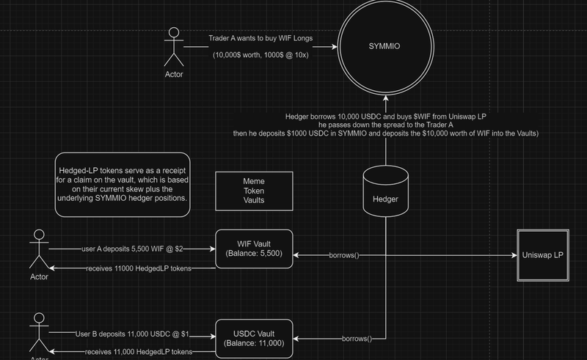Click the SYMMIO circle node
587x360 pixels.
(386, 45)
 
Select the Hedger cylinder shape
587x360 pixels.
(386, 189)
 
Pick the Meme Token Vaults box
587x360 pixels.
(254, 190)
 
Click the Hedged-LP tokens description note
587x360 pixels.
(123, 184)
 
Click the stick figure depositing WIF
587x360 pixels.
(38, 250)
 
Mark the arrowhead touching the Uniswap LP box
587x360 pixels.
(512, 255)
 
